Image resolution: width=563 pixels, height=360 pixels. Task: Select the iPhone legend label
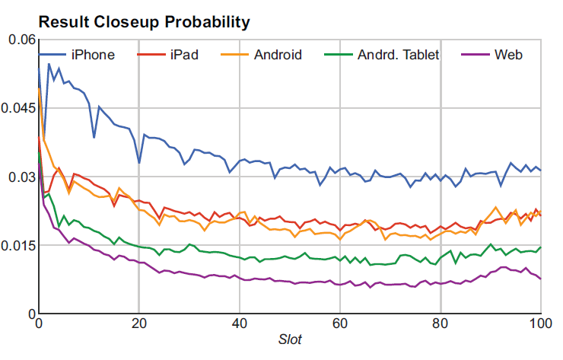93,55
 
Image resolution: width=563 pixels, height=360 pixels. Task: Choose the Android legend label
278,55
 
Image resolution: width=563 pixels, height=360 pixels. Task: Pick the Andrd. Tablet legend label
398,55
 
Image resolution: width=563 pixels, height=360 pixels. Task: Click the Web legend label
508,55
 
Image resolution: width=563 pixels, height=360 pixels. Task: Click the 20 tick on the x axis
138,323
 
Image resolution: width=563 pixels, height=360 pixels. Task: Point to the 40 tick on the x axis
239,323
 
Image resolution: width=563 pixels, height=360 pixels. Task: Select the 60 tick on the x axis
340,323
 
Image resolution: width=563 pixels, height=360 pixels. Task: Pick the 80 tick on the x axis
441,323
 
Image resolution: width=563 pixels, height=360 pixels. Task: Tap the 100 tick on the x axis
540,323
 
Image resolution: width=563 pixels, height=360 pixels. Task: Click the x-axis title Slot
290,339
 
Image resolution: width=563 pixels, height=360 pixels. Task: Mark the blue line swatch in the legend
52,55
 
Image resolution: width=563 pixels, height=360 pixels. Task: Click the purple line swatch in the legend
475,55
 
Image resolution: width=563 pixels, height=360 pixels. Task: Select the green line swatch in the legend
337,55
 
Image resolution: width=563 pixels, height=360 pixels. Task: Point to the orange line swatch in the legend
234,55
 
